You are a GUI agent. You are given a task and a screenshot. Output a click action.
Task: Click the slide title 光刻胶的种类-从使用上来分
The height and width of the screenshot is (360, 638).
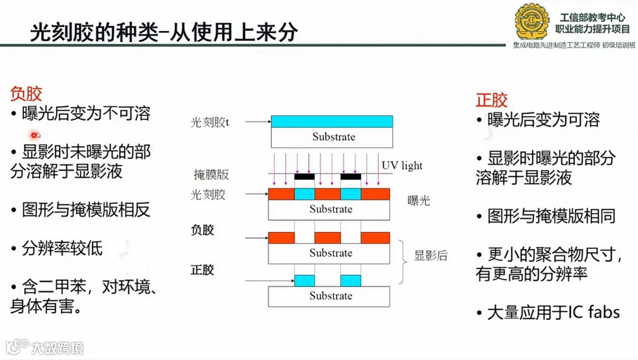pyautogui.click(x=164, y=32)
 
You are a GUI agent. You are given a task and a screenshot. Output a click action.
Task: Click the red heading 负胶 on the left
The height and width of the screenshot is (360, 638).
pyautogui.click(x=26, y=94)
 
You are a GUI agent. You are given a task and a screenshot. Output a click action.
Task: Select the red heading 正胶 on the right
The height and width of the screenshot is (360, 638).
pyautogui.click(x=491, y=100)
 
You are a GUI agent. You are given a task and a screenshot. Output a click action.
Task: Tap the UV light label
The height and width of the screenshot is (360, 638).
pyautogui.click(x=402, y=166)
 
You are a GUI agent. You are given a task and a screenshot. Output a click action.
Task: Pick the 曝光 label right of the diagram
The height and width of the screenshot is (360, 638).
pyautogui.click(x=419, y=201)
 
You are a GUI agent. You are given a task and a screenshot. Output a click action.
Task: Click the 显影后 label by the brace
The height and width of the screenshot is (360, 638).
pyautogui.click(x=431, y=256)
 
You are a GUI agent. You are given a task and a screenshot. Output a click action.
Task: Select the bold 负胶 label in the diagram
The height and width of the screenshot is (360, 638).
pyautogui.click(x=202, y=230)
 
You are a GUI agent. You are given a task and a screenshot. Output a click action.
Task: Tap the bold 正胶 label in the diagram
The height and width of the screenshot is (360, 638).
pyautogui.click(x=202, y=269)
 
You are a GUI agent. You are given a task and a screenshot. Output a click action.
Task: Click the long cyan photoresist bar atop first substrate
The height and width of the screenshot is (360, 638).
pyautogui.click(x=332, y=122)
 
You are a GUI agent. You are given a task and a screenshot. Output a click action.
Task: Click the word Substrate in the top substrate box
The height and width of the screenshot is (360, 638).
pyautogui.click(x=332, y=136)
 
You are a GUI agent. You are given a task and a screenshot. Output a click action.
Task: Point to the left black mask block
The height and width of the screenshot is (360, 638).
pyautogui.click(x=304, y=176)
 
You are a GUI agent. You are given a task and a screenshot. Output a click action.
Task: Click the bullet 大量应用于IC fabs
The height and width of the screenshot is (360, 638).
pyautogui.click(x=548, y=311)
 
